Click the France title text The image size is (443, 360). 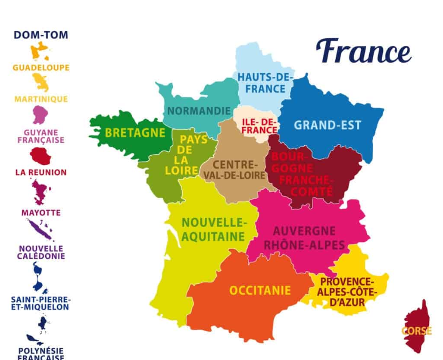tap(364, 51)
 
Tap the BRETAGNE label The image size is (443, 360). tap(135, 133)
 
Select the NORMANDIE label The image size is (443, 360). tap(199, 111)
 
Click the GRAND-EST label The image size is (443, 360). tap(328, 125)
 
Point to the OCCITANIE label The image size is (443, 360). tap(260, 290)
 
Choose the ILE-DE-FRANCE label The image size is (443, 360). tap(259, 125)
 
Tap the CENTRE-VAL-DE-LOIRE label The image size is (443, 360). tap(233, 170)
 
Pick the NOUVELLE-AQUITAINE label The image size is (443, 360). tap(214, 229)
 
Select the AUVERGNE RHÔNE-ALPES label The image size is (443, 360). tap(304, 238)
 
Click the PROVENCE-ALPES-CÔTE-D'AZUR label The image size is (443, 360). tap(347, 292)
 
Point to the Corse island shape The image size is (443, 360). tap(417, 326)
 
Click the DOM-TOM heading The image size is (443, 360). tap(41, 35)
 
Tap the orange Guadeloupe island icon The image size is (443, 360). tap(40, 51)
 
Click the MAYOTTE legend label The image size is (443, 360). tap(41, 213)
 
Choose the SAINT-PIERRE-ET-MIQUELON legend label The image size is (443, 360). tap(41, 303)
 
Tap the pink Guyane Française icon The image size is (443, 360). tap(41, 115)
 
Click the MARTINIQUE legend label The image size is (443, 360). tap(41, 99)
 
